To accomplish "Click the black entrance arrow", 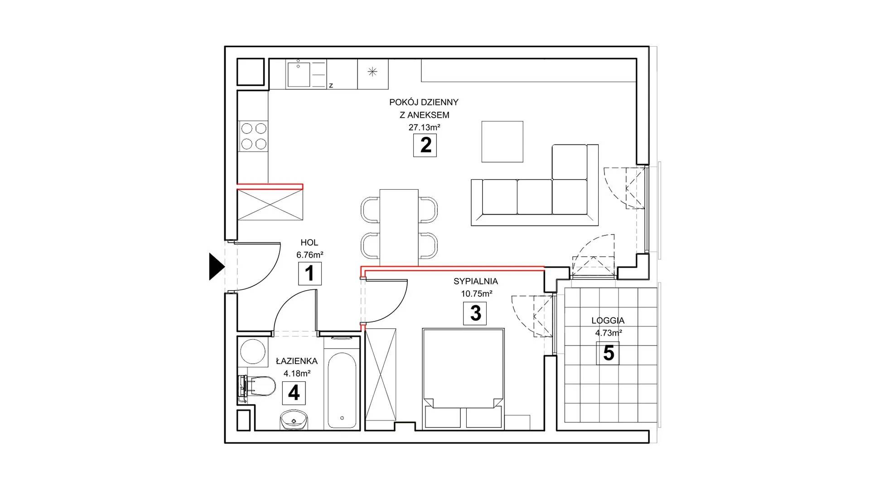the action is click(216, 267).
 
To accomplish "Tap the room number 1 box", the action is click(310, 273).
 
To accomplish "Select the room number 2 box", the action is click(425, 145).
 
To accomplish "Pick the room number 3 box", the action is click(475, 313).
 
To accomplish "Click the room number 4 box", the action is click(294, 393).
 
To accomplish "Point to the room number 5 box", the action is click(609, 353).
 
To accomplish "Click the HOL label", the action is click(309, 243).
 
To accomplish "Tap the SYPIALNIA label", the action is click(476, 282).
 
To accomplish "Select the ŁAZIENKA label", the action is click(297, 361).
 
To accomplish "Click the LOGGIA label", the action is click(608, 321).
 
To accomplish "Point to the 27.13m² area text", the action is click(425, 127).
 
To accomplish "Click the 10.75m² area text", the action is click(477, 293).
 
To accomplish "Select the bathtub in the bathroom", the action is click(342, 389).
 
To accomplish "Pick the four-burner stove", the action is click(253, 136).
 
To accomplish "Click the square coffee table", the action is click(502, 141).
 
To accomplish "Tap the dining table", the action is click(399, 227).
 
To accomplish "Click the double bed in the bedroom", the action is click(464, 379).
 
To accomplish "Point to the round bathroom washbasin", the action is click(293, 419).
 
